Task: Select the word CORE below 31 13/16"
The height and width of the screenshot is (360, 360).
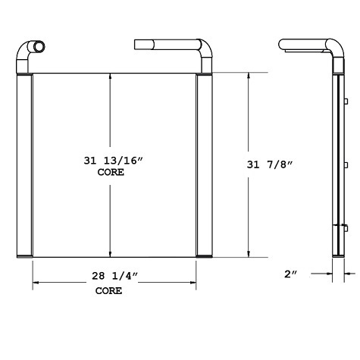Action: (111, 172)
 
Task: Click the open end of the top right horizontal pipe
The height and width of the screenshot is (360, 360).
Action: (137, 45)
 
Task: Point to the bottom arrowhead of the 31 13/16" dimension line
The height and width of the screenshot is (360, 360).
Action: (111, 254)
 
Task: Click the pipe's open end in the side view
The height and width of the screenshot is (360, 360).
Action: (282, 45)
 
